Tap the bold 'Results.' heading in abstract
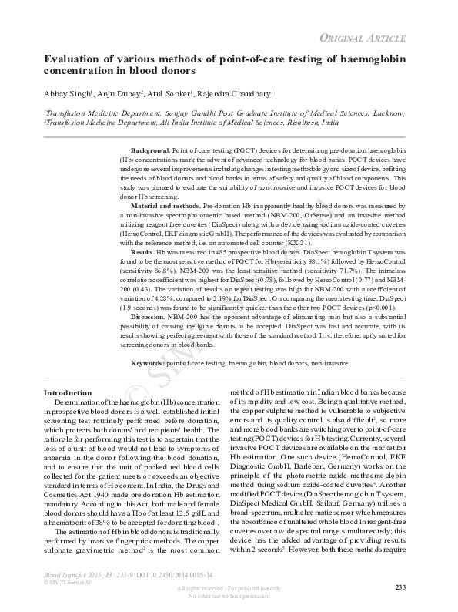(142, 252)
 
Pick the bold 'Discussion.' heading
(148, 317)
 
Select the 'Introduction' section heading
(69, 393)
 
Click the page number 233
(400, 588)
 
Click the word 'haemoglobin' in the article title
(375, 57)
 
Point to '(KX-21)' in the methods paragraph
(304, 241)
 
